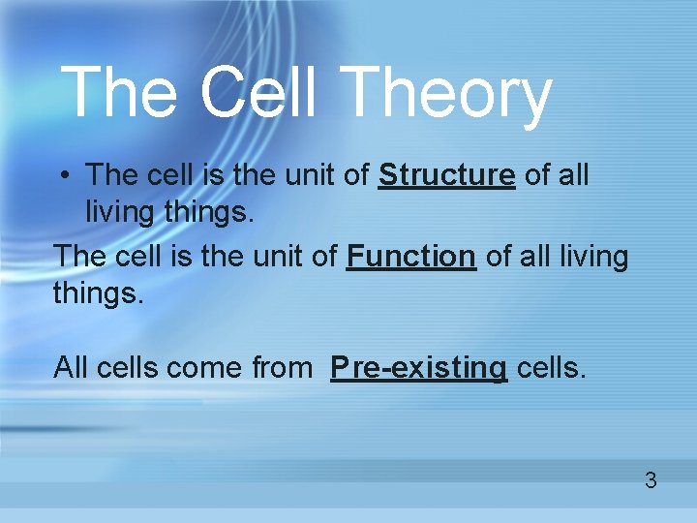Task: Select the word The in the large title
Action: [120, 93]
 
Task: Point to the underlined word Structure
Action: [446, 175]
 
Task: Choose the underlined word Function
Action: [410, 257]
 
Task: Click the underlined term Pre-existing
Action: [418, 368]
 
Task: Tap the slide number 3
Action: [651, 479]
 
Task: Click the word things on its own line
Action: [98, 292]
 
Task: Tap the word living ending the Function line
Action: [590, 258]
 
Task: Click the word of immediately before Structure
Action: [358, 175]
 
